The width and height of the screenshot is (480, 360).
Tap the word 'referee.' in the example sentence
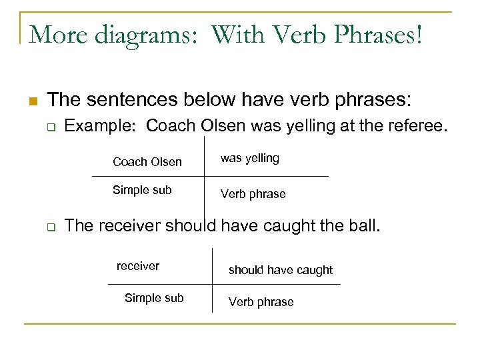click(413, 126)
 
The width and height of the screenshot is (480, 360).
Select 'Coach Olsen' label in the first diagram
click(147, 162)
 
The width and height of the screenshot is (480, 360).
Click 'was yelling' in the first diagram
click(249, 158)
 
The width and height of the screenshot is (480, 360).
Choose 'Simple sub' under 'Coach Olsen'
click(142, 190)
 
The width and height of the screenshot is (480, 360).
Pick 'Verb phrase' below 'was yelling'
click(253, 194)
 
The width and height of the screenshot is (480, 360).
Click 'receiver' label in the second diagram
click(138, 266)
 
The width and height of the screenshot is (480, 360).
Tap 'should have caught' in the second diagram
click(280, 270)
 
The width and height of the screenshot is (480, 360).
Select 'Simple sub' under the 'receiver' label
click(154, 298)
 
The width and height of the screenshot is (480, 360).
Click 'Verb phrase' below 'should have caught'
click(261, 302)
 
